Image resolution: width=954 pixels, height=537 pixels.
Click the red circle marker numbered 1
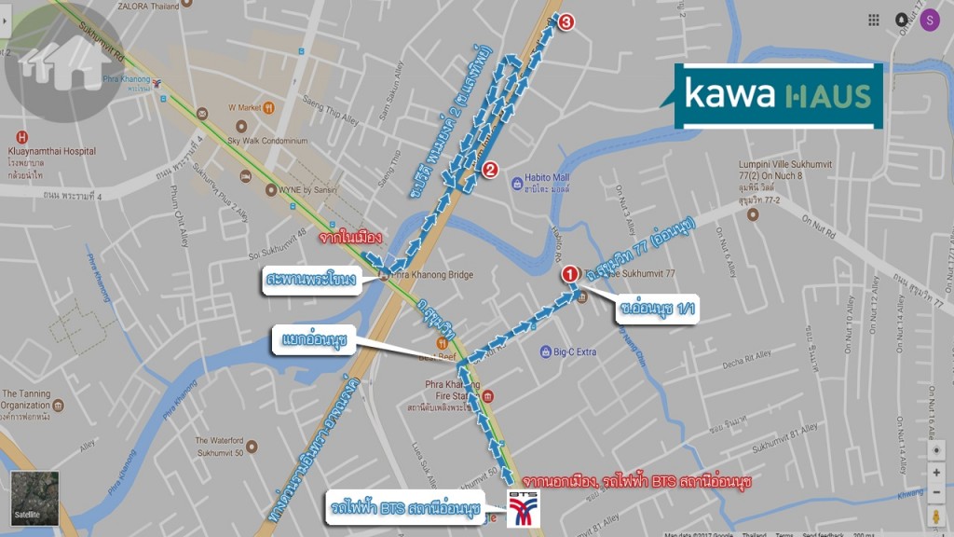point(569,274)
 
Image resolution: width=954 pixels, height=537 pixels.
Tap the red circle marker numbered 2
point(490,170)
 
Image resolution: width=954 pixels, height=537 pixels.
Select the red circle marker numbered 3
point(566,22)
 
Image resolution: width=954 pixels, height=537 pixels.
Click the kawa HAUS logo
point(777,96)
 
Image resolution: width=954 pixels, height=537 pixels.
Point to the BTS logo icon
point(522,508)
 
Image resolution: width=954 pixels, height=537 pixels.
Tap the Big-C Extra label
point(573,351)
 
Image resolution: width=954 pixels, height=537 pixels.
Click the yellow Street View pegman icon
point(936,515)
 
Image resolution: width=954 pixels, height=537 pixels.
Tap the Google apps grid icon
point(874,20)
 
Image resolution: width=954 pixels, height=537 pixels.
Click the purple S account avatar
point(929,20)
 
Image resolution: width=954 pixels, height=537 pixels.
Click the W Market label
point(245,107)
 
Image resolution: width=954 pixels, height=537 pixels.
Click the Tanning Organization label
point(28,400)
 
